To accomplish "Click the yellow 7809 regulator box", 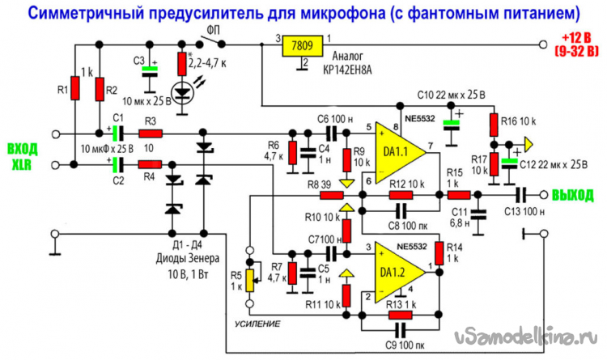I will [x=303, y=45].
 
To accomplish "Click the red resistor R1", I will [x=75, y=87].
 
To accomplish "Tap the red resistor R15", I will [x=459, y=195].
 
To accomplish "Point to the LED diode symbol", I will [x=185, y=92].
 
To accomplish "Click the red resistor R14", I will [x=438, y=252].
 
